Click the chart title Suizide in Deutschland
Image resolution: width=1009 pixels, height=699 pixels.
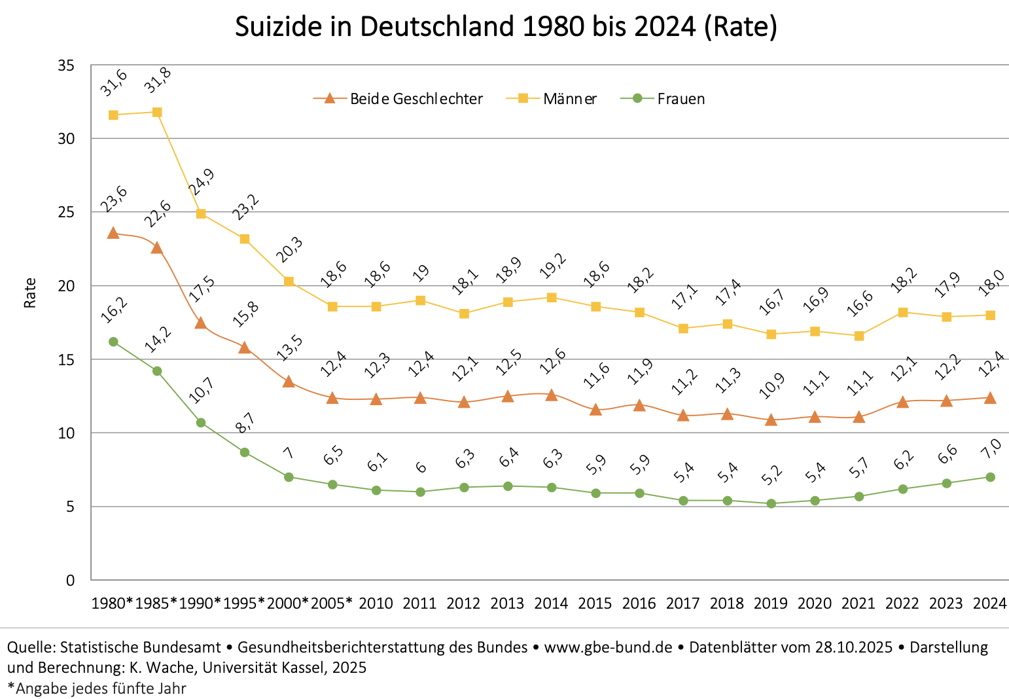(x=505, y=27)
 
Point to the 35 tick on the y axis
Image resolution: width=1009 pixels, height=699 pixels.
(x=65, y=65)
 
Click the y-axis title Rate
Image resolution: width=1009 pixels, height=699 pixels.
(x=30, y=293)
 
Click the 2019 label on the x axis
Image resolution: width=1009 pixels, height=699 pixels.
(x=770, y=603)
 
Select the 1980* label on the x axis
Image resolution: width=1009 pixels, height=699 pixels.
(x=112, y=603)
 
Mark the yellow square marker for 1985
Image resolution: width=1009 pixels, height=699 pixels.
(x=157, y=112)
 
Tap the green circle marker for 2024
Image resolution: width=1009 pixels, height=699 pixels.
(x=990, y=477)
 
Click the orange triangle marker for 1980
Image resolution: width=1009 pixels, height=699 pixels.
(x=113, y=233)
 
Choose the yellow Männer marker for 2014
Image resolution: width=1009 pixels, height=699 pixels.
(x=552, y=298)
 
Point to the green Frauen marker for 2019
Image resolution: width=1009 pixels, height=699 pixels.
(x=771, y=503)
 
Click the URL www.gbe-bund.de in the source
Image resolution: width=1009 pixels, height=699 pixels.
(x=608, y=647)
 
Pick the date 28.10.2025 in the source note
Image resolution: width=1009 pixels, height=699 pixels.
(x=853, y=647)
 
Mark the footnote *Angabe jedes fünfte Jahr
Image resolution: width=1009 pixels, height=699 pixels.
(x=97, y=689)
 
